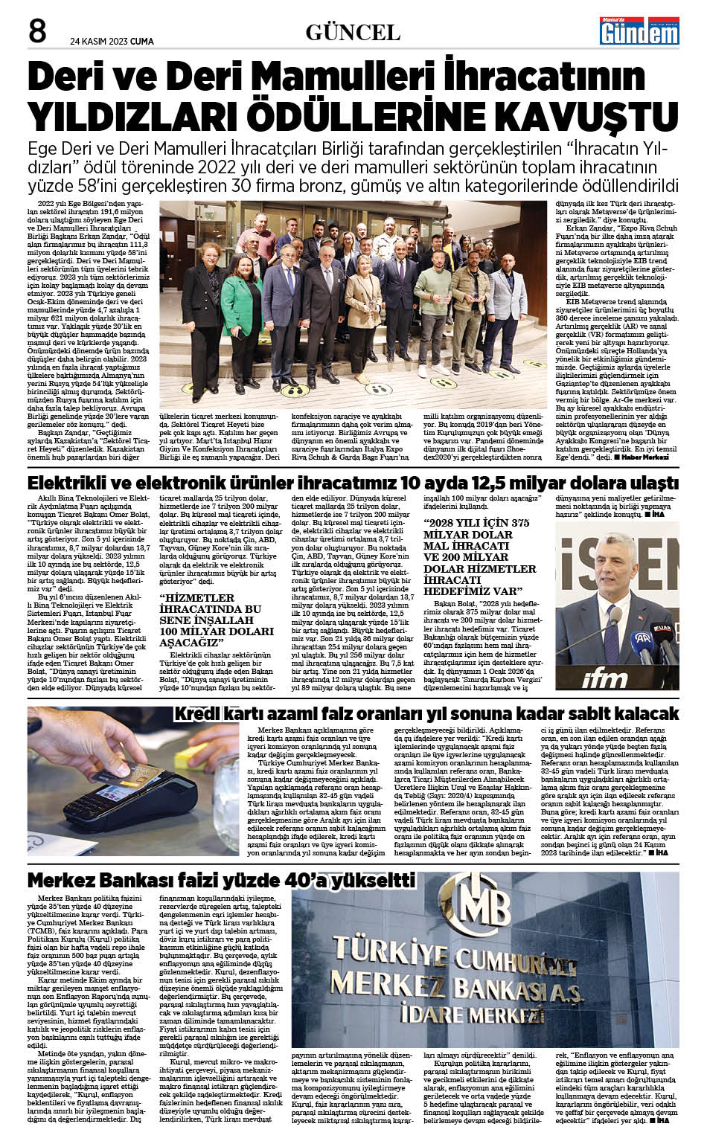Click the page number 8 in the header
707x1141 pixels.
coord(38,31)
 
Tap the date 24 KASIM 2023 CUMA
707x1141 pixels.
coord(112,42)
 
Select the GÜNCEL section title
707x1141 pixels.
coord(353,32)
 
